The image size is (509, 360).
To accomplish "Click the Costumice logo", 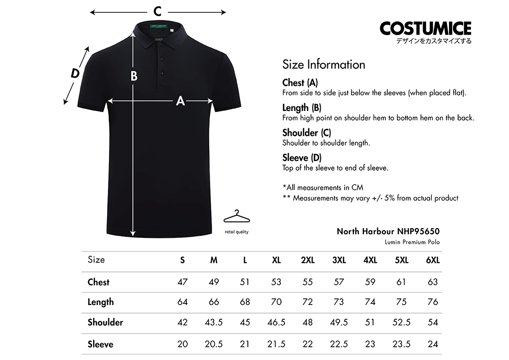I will coord(425,28).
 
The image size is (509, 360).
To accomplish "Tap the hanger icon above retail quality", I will coord(237,217).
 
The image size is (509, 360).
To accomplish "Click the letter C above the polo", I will coord(158,11).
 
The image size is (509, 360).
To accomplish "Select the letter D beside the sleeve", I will coord(75,73).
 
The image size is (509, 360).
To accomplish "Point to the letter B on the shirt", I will coord(134,76).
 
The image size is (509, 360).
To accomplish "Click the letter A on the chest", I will coord(180,101).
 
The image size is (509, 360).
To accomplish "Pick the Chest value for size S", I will coord(182,282).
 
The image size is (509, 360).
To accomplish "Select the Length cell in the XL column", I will coord(276,302).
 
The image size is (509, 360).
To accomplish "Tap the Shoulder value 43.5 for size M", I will coord(214,322).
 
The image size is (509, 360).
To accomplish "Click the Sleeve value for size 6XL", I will coord(433,344).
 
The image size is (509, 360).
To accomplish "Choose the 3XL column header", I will coord(339,260).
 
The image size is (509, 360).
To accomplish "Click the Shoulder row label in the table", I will coord(105,322).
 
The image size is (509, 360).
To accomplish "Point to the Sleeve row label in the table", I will coord(100,344).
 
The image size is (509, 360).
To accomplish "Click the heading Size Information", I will coord(324,65).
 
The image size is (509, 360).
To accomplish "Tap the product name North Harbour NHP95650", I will coord(388,231).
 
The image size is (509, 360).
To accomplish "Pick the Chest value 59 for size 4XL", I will coord(370,282).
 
